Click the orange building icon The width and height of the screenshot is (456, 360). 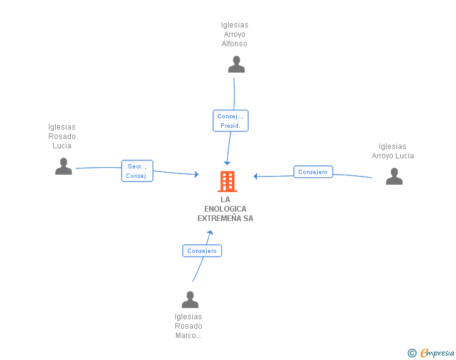(227, 182)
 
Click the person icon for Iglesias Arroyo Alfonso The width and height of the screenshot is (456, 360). (236, 64)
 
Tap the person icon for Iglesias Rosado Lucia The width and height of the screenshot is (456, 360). (63, 166)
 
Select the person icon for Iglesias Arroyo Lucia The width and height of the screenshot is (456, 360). (394, 176)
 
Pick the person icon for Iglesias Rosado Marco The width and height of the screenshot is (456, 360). (190, 299)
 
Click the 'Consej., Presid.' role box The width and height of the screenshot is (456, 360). (231, 121)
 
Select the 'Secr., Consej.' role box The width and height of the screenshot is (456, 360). (137, 171)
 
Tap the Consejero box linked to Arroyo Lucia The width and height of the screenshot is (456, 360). (313, 172)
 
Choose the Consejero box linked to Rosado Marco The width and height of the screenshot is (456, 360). (202, 250)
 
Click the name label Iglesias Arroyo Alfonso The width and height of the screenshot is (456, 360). (234, 34)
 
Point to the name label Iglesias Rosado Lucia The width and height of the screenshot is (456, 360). (62, 136)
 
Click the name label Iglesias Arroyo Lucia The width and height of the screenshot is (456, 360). (393, 151)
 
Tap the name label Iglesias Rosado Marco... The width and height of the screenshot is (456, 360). (189, 326)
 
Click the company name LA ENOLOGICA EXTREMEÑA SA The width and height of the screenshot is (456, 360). (225, 208)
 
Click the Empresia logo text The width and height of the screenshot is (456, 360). (437, 353)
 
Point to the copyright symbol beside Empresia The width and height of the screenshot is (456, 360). (412, 353)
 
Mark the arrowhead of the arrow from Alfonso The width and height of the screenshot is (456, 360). (227, 163)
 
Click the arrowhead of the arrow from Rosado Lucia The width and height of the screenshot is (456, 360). (197, 174)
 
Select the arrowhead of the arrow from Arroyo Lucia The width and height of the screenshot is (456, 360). (256, 176)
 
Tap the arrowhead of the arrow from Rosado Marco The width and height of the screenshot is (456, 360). (210, 232)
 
